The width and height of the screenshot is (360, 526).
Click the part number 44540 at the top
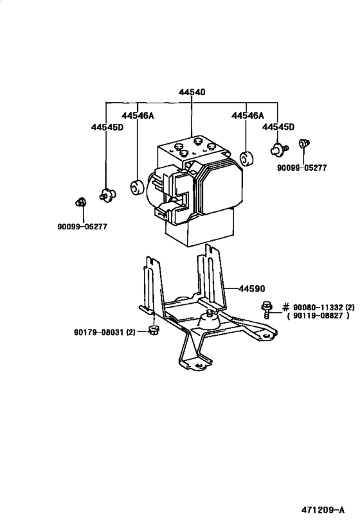tap(192, 92)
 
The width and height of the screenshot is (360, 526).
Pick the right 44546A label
tap(247, 116)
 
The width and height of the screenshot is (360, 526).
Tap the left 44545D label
tap(107, 127)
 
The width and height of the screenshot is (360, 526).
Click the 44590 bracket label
tap(253, 289)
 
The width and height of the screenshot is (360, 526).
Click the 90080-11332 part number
tap(318, 307)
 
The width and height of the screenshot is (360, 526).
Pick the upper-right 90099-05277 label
tap(302, 168)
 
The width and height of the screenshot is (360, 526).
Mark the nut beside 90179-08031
tap(153, 331)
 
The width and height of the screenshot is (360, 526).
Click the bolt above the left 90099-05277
tap(80, 202)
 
